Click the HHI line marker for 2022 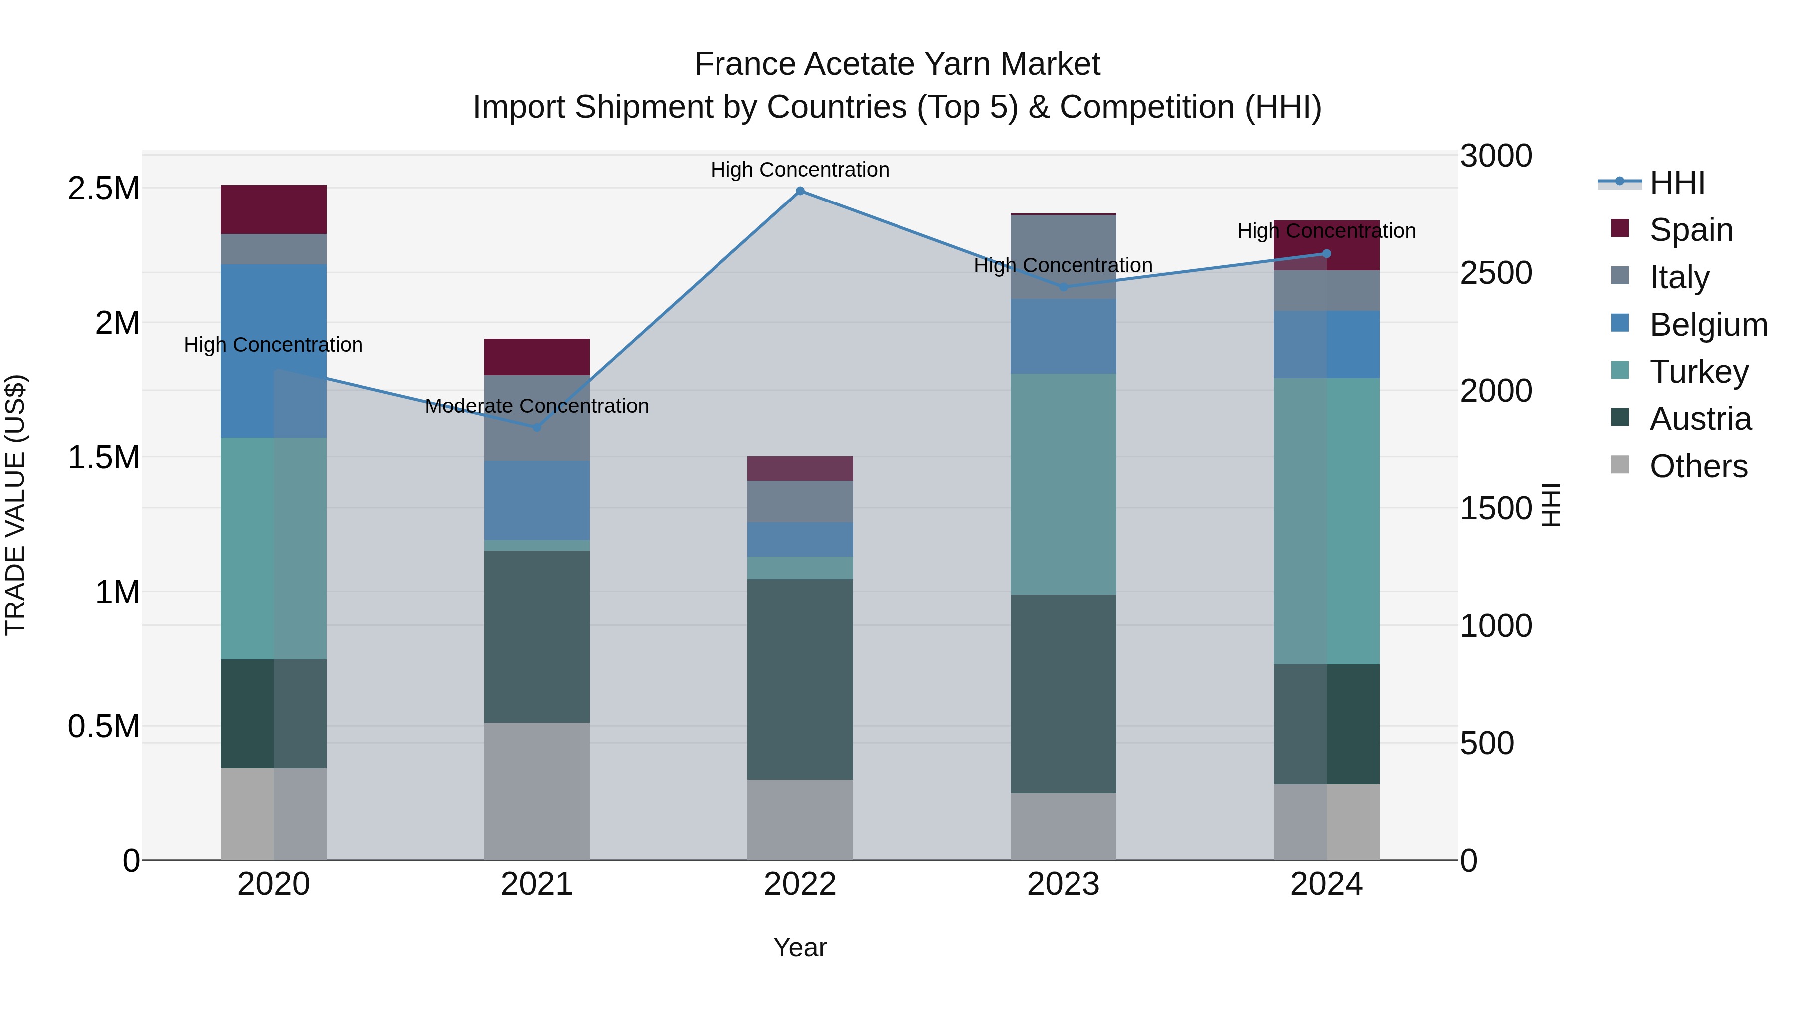[x=800, y=191]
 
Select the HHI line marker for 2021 [x=537, y=427]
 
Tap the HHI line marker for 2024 [x=1326, y=254]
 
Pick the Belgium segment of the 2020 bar [x=273, y=351]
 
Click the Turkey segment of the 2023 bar [x=1063, y=484]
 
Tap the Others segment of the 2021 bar [x=537, y=791]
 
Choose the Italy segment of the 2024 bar [x=1326, y=291]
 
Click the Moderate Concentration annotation [x=537, y=405]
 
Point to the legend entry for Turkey [x=1699, y=372]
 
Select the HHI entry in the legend [x=1676, y=183]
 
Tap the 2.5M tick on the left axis [x=103, y=188]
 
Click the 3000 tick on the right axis [x=1495, y=156]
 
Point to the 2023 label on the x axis [x=1063, y=884]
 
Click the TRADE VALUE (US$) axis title [x=15, y=505]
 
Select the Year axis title [x=800, y=947]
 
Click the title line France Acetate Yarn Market [x=897, y=64]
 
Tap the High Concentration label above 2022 [x=800, y=170]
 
